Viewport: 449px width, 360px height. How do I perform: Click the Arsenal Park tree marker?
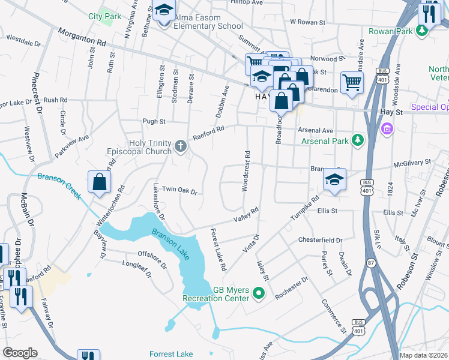(358, 140)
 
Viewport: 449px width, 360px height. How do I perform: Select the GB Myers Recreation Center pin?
(259, 293)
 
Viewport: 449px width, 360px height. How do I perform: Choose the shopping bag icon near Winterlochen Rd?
(99, 181)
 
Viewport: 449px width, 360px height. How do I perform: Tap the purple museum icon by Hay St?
(387, 128)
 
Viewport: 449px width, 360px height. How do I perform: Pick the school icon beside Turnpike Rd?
(334, 179)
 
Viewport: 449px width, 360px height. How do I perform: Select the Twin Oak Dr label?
(179, 191)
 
